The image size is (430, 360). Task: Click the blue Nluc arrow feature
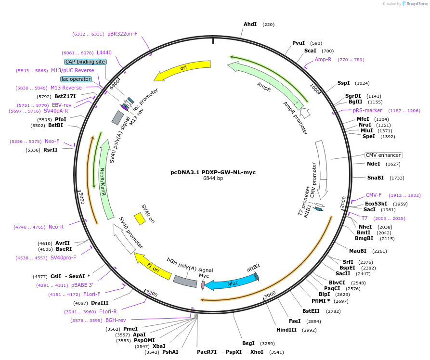tap(232, 283)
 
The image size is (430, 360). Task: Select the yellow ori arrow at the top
tap(183, 68)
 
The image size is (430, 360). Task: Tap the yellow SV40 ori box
tap(140, 219)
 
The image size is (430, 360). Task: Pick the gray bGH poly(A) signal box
tap(185, 281)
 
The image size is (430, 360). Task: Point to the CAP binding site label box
tap(85, 62)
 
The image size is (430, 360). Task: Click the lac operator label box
tap(76, 79)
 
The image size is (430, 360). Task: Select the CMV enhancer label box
tap(384, 155)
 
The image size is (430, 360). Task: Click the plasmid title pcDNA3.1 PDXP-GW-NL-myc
tap(213, 172)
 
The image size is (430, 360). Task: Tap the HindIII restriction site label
tap(287, 330)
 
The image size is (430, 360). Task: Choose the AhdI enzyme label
tap(250, 24)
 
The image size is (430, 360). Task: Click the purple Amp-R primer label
tap(323, 59)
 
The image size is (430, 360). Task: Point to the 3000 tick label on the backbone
tap(270, 295)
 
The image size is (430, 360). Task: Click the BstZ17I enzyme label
tap(65, 96)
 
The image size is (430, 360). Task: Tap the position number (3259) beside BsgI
tap(267, 344)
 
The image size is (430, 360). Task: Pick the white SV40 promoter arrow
tap(124, 239)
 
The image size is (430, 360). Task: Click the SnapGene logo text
tap(417, 3)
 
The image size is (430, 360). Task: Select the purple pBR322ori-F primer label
tap(122, 34)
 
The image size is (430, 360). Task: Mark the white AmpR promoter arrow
tap(305, 113)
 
